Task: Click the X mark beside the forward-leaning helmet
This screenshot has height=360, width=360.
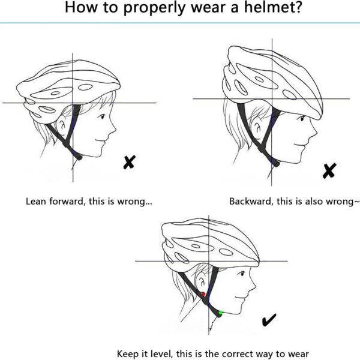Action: tap(129, 161)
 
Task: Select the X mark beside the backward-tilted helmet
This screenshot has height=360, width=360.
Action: tap(329, 171)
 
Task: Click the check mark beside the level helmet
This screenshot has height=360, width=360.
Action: tap(269, 322)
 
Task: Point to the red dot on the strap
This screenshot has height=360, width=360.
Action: tap(203, 295)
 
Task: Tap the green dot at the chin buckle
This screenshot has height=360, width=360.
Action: tap(221, 313)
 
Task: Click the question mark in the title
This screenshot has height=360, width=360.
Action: tap(297, 8)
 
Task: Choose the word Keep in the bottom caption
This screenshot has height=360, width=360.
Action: tap(127, 353)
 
